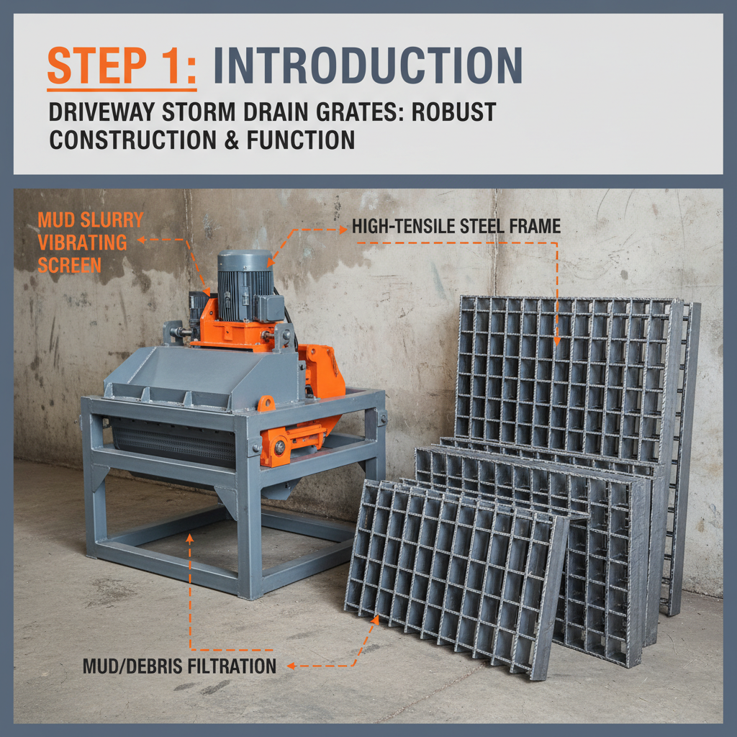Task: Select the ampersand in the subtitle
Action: tap(229, 140)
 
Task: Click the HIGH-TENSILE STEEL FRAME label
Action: tap(456, 227)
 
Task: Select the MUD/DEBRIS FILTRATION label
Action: tap(179, 666)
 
